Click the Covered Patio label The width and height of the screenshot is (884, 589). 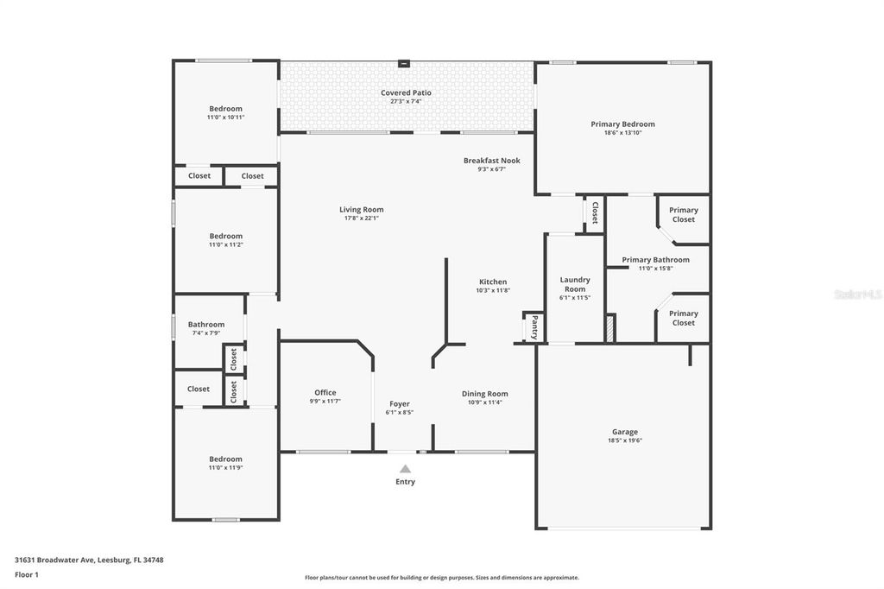pos(406,92)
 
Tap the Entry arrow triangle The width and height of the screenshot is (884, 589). pos(405,469)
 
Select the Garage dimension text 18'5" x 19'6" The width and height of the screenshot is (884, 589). pos(624,440)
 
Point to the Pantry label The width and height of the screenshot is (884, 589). pos(534,327)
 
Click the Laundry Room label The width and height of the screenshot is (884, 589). pos(575,284)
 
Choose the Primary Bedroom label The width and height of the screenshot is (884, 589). pos(622,124)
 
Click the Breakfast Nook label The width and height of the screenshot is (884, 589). pos(491,161)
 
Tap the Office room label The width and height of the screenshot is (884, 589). pos(325,393)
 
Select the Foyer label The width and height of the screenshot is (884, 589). pos(400,403)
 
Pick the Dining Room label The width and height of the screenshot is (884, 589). pos(485,394)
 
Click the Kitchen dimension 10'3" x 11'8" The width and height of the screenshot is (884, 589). pos(493,291)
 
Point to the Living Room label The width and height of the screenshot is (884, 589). pos(361,210)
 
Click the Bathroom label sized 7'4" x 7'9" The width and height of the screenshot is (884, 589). pos(206,325)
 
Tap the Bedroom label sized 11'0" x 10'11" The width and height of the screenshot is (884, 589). pos(225,109)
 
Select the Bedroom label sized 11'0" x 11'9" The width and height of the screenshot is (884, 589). pos(225,459)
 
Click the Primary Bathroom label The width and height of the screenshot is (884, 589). pos(655,260)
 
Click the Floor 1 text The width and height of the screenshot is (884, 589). pos(27,574)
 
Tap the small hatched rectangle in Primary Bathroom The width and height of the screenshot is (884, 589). pos(610,329)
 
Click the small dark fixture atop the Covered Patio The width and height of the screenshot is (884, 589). pos(403,63)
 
